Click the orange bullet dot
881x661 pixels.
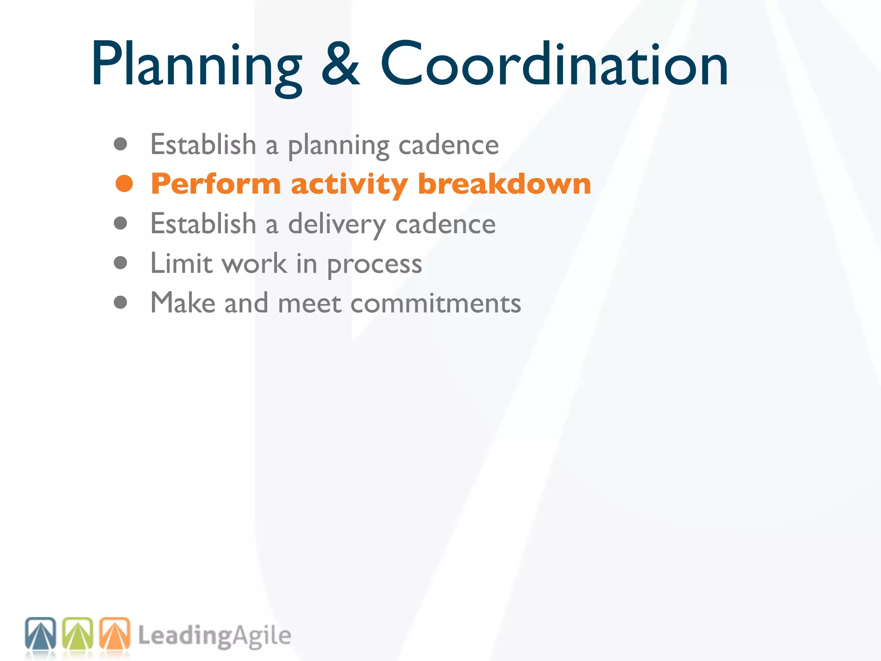tap(124, 184)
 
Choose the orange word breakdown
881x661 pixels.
tap(504, 184)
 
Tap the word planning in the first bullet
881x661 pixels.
tap(339, 145)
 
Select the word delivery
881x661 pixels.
tap(337, 225)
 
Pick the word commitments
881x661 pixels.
tap(435, 303)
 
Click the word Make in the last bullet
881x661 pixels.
tap(182, 303)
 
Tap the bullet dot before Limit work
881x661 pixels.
tap(120, 263)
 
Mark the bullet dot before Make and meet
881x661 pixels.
tap(120, 302)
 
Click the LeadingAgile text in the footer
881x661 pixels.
tap(214, 636)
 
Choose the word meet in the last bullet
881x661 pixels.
tap(309, 303)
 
